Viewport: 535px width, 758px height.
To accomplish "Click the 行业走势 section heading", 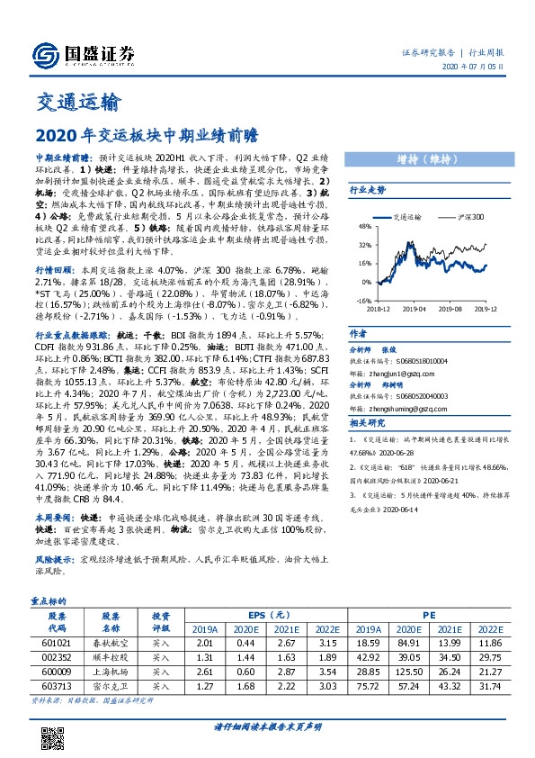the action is tap(368, 191).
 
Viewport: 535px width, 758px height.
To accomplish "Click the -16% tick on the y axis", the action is tap(364, 301).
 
